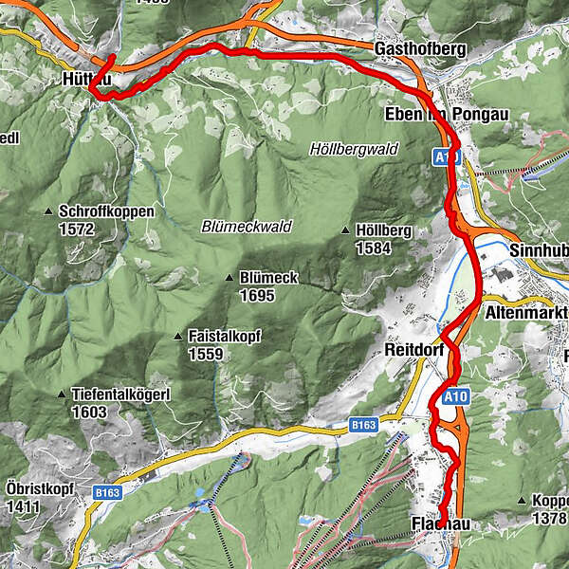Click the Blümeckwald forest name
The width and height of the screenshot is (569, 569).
pyautogui.click(x=247, y=227)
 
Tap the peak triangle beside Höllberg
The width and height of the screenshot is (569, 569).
pyautogui.click(x=345, y=230)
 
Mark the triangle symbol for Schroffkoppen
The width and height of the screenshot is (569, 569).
pyautogui.click(x=48, y=211)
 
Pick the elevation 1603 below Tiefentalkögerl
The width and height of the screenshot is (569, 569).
pyautogui.click(x=87, y=413)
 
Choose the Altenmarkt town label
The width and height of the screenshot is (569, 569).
pyautogui.click(x=525, y=312)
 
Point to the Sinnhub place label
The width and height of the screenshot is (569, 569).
pyautogui.click(x=538, y=250)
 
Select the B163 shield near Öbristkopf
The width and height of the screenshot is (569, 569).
pyautogui.click(x=107, y=492)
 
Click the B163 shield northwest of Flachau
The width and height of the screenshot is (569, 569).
pyautogui.click(x=364, y=427)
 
